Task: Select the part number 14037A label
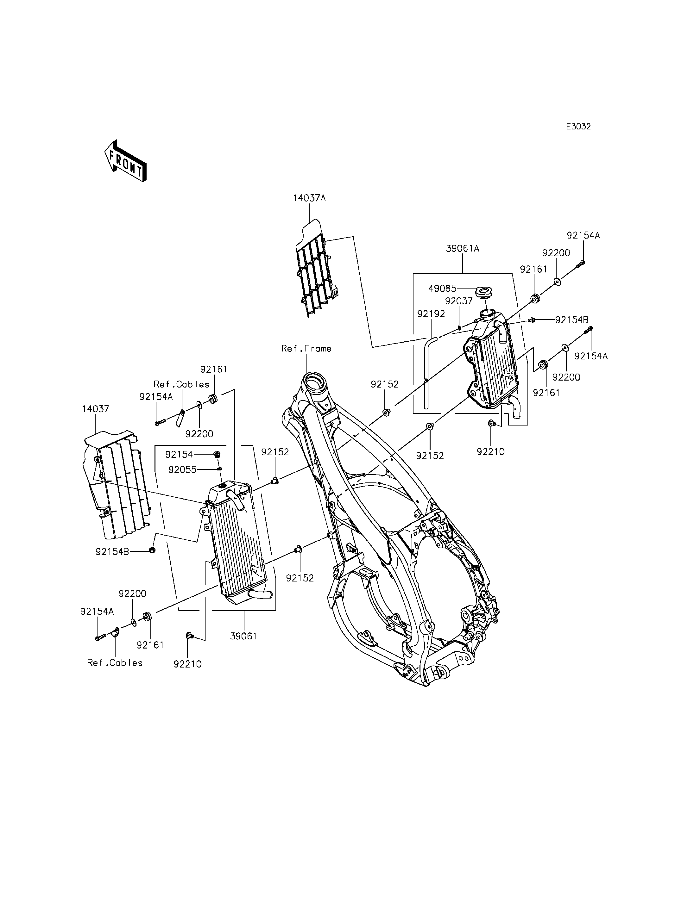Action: (309, 198)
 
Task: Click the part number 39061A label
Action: (462, 249)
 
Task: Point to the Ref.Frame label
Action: (306, 348)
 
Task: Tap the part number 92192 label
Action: (431, 314)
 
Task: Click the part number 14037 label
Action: (95, 409)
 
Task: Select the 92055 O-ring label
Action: (182, 469)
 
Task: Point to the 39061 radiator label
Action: (244, 636)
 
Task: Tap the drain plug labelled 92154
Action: (215, 455)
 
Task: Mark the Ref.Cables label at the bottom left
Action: (115, 662)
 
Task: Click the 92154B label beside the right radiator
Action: (572, 320)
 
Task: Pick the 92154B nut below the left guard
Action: (152, 550)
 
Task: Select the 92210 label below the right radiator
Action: (491, 452)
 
